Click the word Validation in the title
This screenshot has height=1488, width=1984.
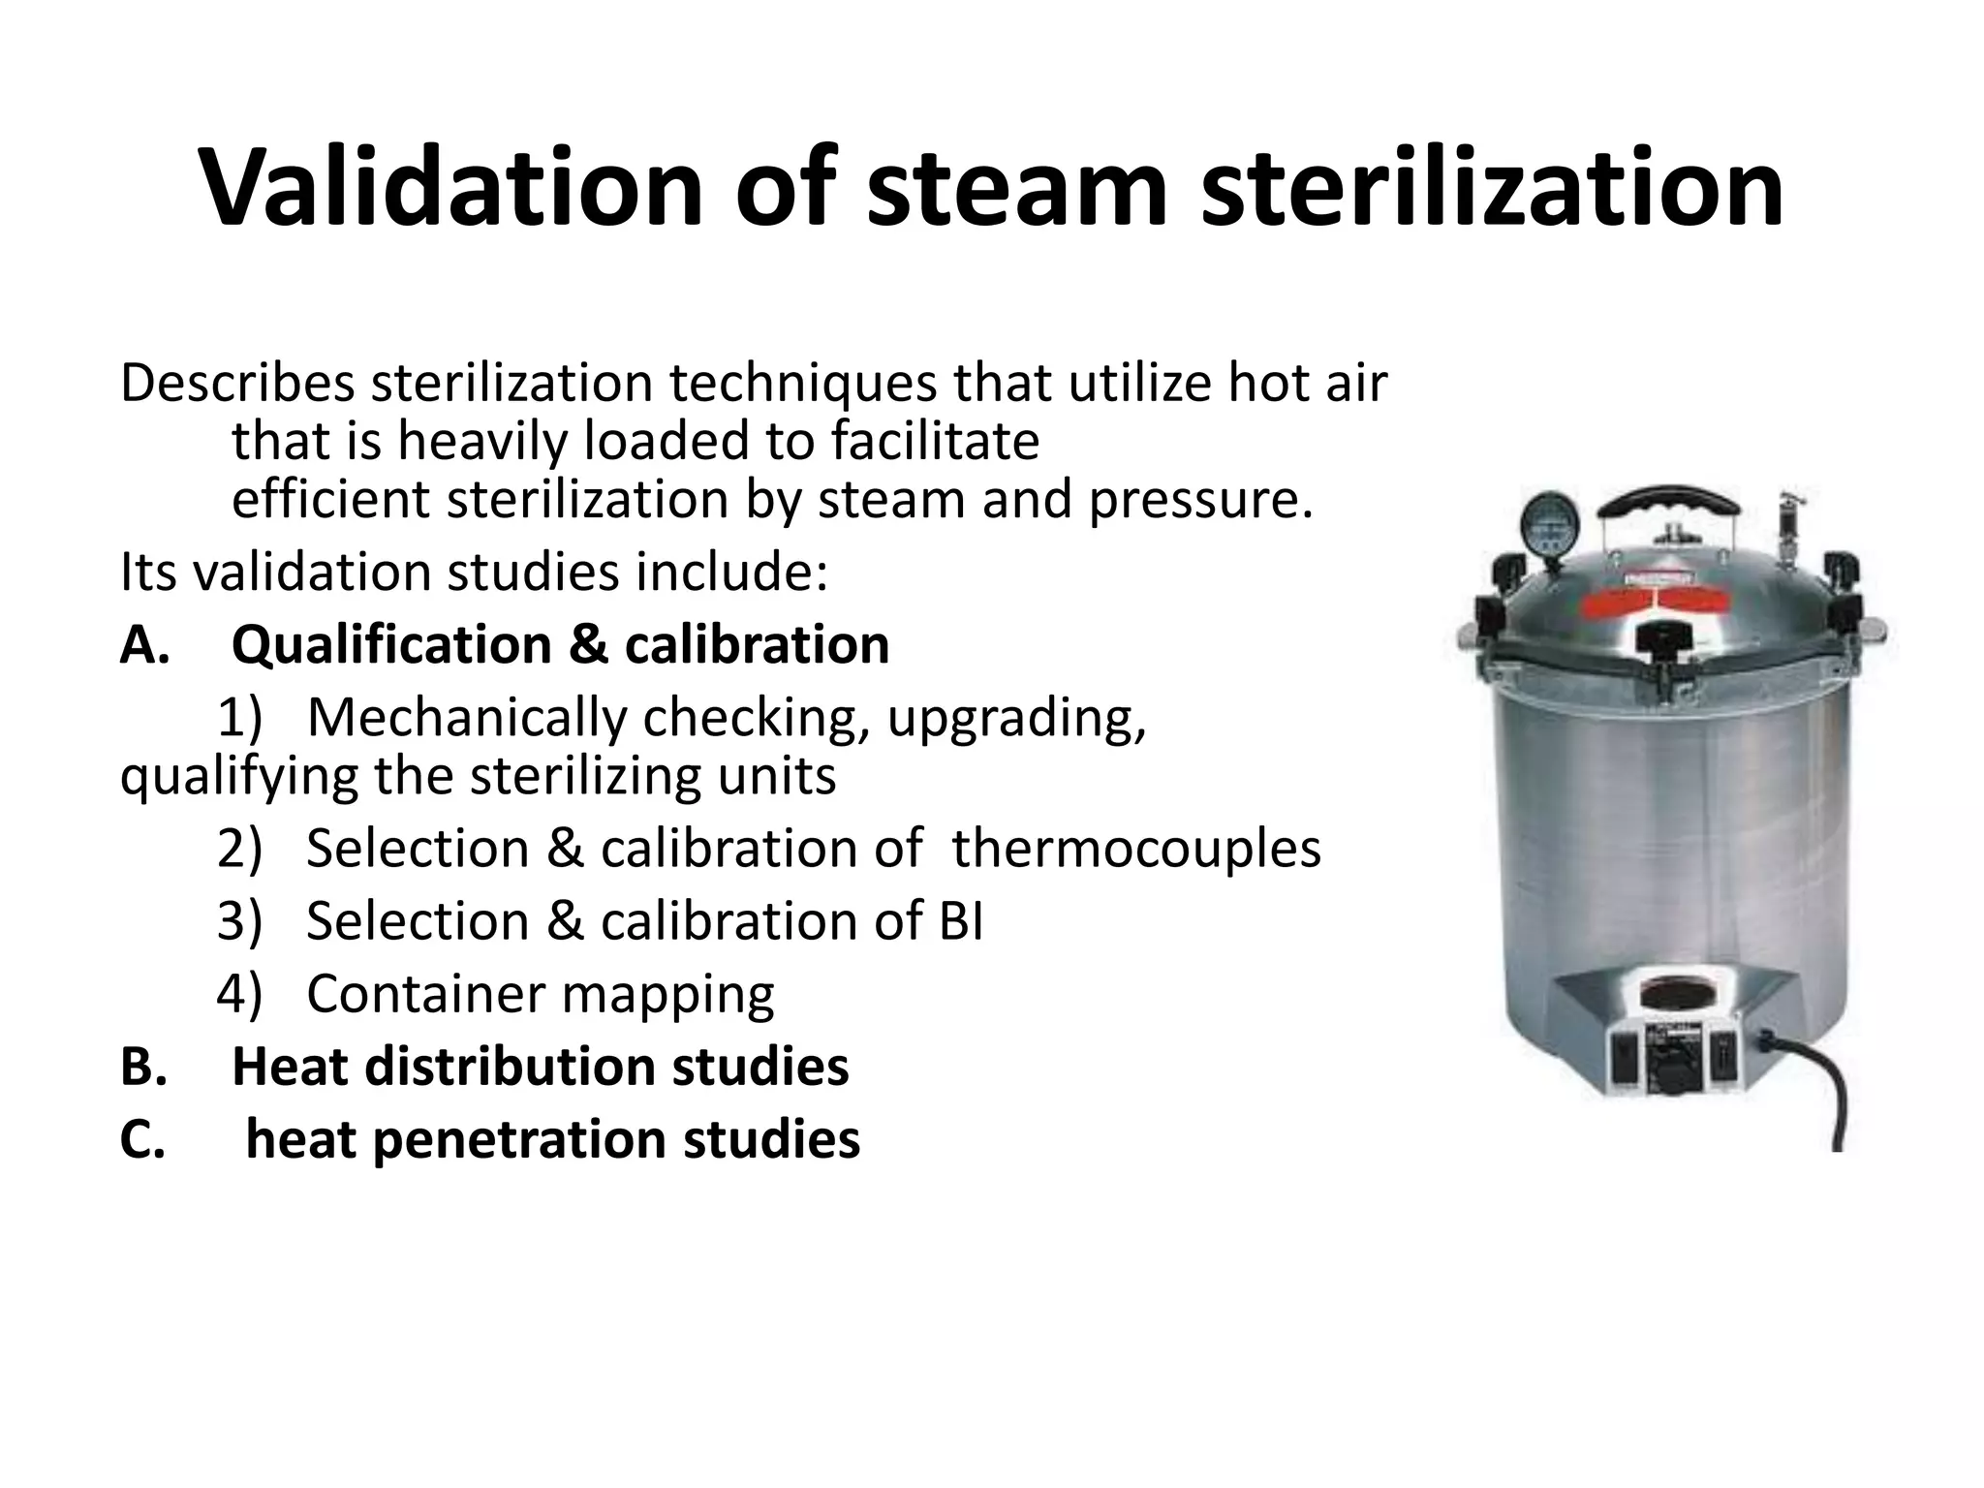449,186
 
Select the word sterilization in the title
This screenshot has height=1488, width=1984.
1492,186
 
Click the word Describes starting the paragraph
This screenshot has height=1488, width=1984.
237,384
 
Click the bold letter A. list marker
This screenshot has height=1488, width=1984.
144,645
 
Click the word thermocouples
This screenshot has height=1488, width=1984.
1136,849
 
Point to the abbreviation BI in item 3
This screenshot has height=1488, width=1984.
960,921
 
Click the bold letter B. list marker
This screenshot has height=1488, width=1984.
144,1067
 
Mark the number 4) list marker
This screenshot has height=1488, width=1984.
239,994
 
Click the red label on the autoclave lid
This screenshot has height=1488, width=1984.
1665,603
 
